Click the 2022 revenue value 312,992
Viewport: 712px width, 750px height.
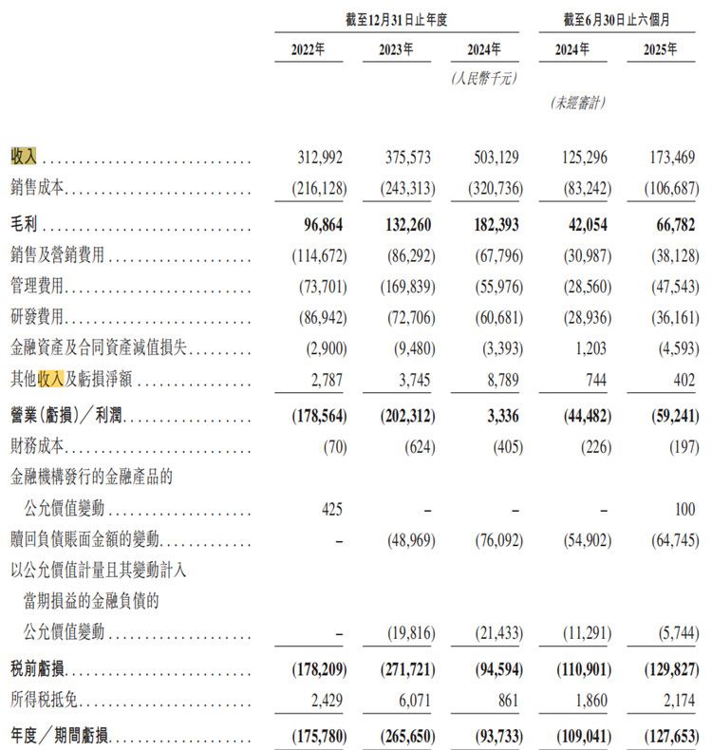click(x=319, y=157)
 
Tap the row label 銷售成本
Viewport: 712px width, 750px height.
click(x=38, y=188)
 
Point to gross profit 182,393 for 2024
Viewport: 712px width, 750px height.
click(x=495, y=229)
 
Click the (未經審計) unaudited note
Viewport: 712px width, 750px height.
click(x=577, y=103)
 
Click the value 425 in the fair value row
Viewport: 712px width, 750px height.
click(x=330, y=509)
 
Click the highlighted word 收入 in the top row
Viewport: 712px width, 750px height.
click(x=24, y=157)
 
